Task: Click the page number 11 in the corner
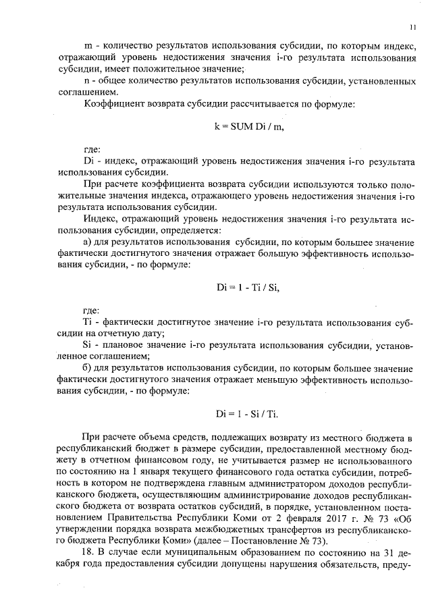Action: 411,28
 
